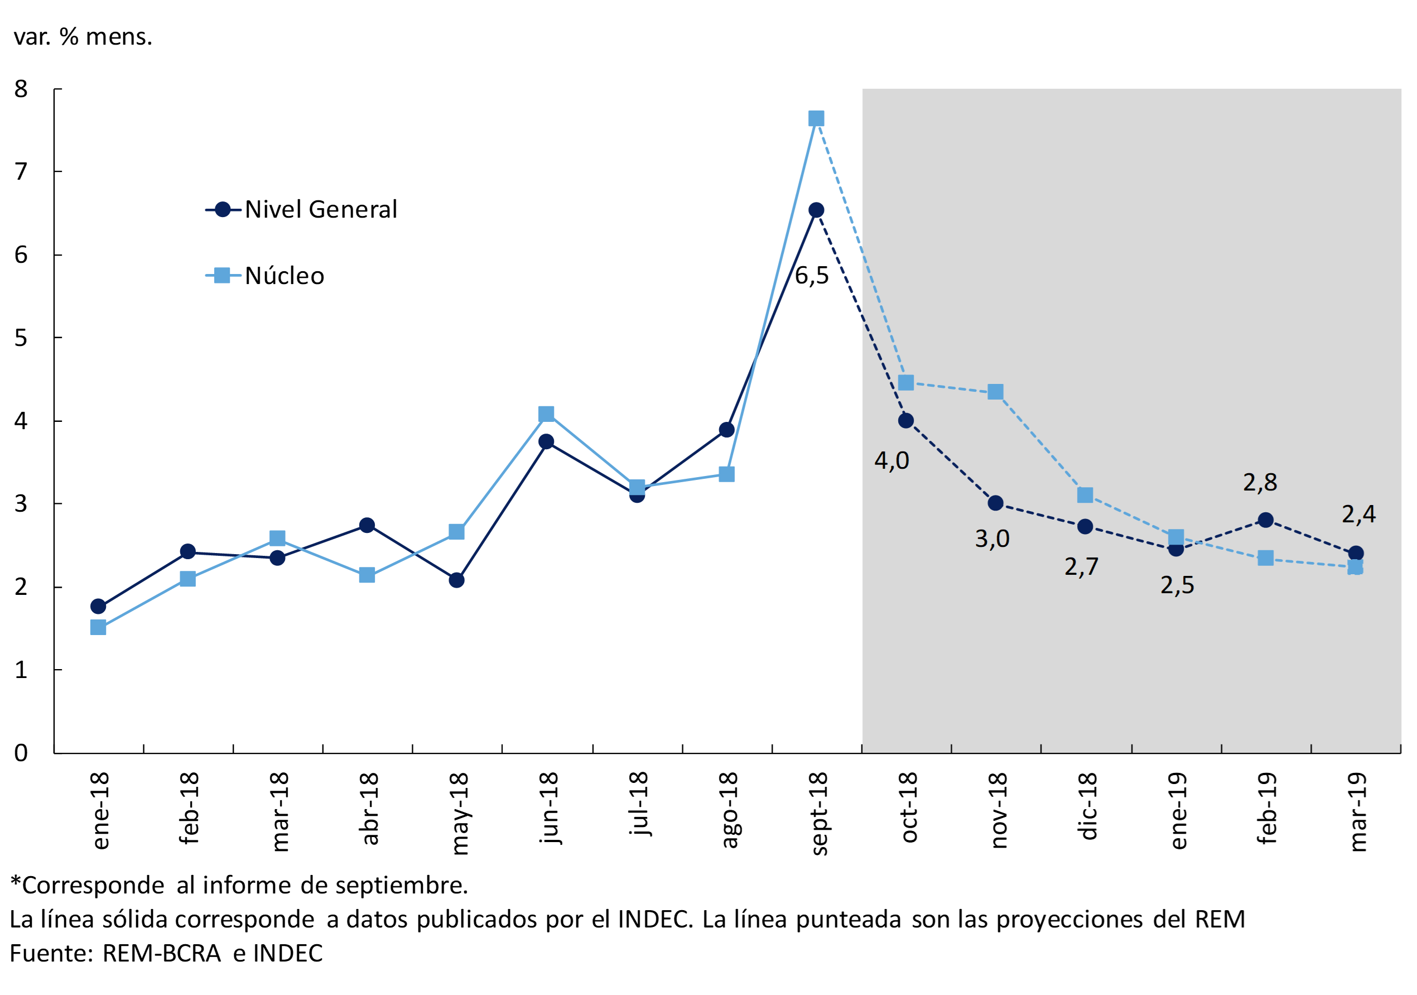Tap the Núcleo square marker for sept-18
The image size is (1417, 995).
click(x=816, y=118)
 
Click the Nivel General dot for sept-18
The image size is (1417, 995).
click(x=816, y=210)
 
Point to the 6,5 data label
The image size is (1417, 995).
click(x=811, y=276)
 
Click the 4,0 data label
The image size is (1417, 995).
click(x=891, y=460)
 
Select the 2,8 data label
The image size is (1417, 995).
click(x=1260, y=482)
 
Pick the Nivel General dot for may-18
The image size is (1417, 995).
click(x=457, y=580)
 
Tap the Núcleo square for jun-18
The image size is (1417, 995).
click(x=546, y=414)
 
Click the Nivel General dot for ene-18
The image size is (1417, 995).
click(x=98, y=606)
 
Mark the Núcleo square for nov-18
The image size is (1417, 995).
click(x=995, y=392)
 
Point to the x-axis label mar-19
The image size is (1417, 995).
click(x=1358, y=811)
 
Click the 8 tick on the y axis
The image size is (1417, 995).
click(x=21, y=89)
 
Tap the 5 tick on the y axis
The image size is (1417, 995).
click(x=21, y=338)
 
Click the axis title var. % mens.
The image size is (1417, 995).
click(x=83, y=37)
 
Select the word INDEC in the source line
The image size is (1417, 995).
click(x=288, y=954)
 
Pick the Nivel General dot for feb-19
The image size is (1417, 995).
click(x=1266, y=520)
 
